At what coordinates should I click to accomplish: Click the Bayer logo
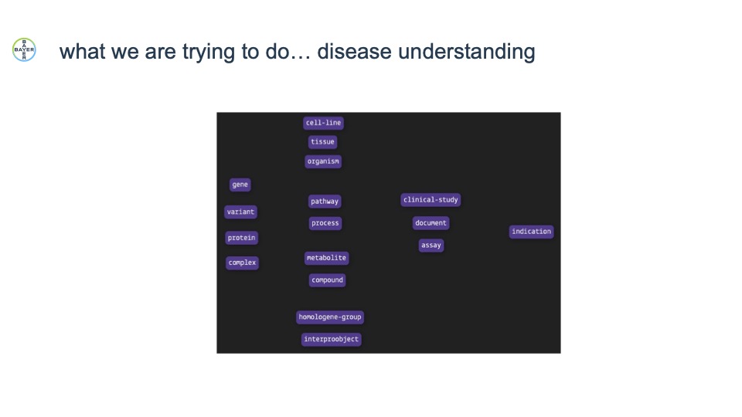[24, 49]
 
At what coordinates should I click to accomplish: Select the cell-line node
[323, 123]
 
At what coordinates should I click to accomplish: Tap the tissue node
[323, 142]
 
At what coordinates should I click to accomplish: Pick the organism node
[323, 161]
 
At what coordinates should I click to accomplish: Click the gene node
[240, 185]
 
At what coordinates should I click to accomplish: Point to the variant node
[240, 212]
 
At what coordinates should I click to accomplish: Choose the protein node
[241, 238]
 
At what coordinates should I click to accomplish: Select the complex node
[242, 263]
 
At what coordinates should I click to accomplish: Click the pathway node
[325, 202]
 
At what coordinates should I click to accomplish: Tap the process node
[325, 223]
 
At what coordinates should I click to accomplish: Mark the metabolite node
[326, 258]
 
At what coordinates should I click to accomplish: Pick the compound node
[327, 280]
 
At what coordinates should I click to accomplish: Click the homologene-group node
[330, 317]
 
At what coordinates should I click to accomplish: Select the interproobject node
[332, 340]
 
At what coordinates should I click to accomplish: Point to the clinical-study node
[431, 200]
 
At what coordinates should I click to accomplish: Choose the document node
[431, 223]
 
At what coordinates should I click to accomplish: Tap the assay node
[431, 246]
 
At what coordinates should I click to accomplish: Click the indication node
[532, 232]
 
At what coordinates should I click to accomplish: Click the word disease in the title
[355, 52]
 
